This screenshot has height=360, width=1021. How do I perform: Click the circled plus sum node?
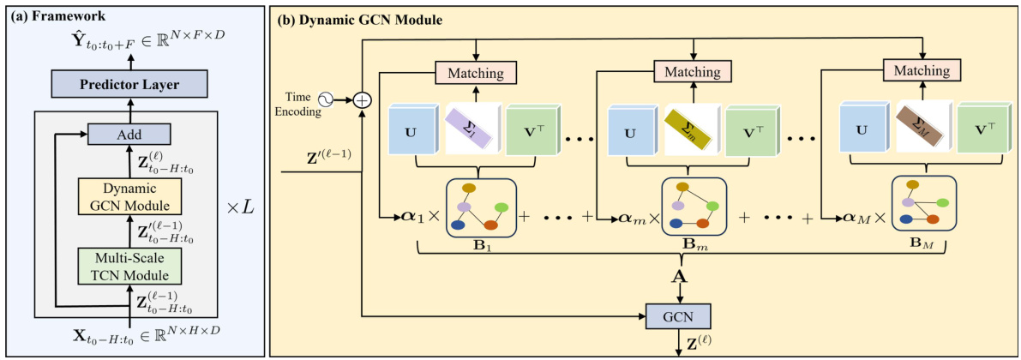click(363, 100)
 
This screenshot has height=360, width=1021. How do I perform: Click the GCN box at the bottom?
click(679, 316)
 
